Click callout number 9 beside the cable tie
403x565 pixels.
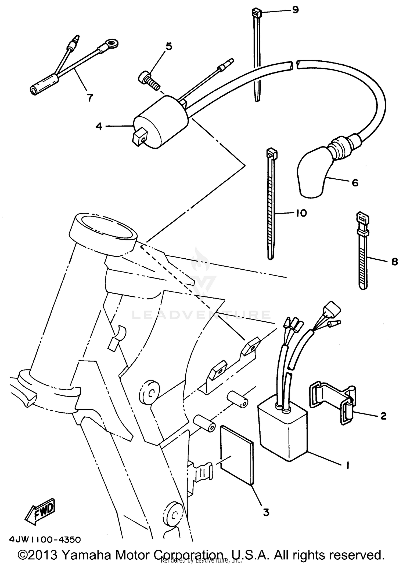coord(295,10)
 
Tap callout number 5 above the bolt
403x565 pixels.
coord(169,46)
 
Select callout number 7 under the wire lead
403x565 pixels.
coord(89,97)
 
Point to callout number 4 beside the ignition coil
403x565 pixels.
coord(99,126)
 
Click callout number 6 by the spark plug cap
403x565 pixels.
coord(355,183)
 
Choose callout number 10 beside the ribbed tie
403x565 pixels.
coord(301,213)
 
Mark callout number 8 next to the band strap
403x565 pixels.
coord(394,262)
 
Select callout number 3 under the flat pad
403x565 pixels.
coord(266,512)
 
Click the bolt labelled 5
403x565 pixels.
coord(149,80)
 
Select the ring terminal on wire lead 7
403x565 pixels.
coord(112,43)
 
